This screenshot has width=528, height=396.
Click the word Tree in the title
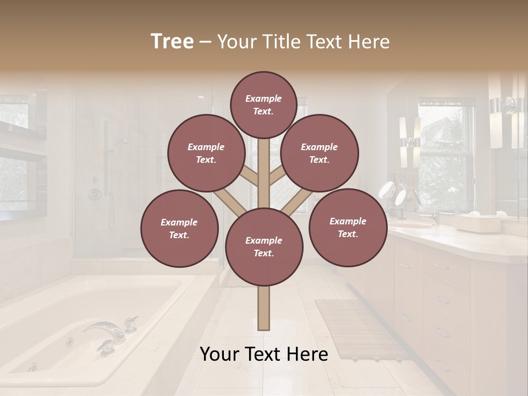[x=172, y=41]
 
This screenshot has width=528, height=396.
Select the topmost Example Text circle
[x=263, y=105]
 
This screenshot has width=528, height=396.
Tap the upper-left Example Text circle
[x=206, y=153]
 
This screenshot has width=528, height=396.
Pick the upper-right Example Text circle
[x=320, y=153]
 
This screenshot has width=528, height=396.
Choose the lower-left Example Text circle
[x=179, y=228]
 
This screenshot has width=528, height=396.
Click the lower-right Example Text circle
[x=348, y=227]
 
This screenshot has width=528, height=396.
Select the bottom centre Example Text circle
[x=264, y=247]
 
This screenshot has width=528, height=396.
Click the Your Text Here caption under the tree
[x=264, y=354]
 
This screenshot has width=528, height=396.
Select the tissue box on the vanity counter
[x=476, y=222]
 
